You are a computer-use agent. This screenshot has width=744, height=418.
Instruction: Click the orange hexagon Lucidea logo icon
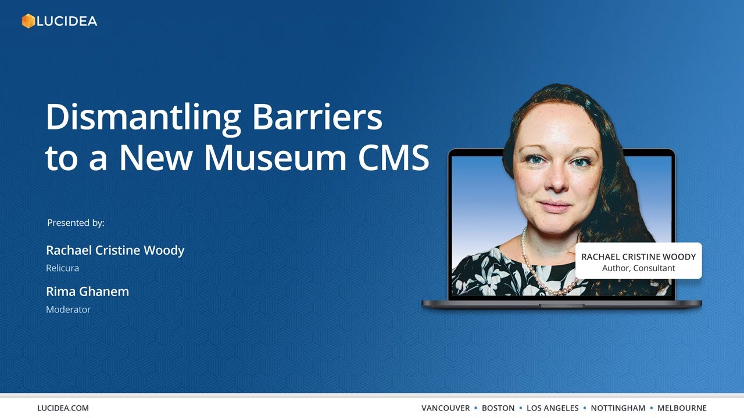tap(28, 21)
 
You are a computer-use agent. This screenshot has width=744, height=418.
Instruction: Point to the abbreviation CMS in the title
tap(393, 157)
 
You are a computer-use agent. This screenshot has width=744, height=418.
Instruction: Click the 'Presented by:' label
tap(76, 223)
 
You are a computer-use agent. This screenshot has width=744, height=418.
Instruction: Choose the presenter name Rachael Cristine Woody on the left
tap(115, 250)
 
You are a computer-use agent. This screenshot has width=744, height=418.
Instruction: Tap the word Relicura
tap(62, 268)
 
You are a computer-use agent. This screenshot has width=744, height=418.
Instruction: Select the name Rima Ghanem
tap(87, 291)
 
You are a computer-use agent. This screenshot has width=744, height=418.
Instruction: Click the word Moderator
tap(68, 309)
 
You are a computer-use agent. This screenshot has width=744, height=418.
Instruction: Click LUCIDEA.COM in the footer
tap(63, 408)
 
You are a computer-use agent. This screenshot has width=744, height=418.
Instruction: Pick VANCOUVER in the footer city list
tap(445, 408)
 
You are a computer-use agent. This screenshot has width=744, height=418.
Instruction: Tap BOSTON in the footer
tap(498, 408)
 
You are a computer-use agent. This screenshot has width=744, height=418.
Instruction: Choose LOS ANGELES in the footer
tap(552, 408)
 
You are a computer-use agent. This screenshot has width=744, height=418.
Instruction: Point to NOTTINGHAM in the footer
tap(618, 408)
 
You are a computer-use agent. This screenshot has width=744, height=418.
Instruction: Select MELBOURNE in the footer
tap(682, 408)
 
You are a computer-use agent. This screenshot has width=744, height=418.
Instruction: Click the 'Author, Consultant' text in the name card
tap(638, 268)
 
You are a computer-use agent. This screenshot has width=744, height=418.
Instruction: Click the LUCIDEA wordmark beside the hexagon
tap(67, 21)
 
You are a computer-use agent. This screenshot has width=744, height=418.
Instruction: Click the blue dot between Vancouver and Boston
tap(475, 408)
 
